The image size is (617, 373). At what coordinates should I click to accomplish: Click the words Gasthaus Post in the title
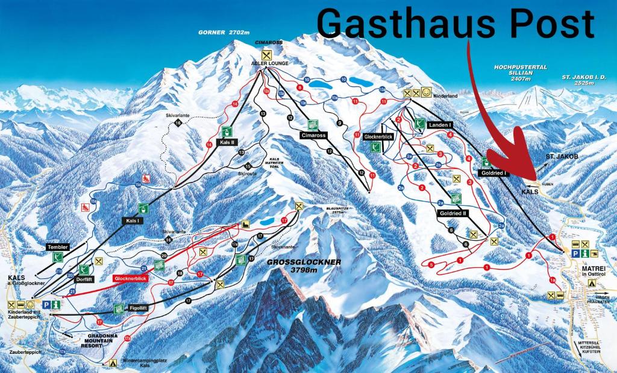tap(456, 24)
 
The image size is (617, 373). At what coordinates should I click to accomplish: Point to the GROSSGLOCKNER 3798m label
tap(304, 266)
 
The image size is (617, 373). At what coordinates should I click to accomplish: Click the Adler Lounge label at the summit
tap(271, 63)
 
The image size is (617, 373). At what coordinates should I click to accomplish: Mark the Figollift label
tap(140, 308)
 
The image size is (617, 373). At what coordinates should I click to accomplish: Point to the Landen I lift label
tap(439, 124)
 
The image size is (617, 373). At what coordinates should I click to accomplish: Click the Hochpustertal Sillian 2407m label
tap(519, 73)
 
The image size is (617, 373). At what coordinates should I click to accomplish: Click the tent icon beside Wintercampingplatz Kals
tap(112, 363)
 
